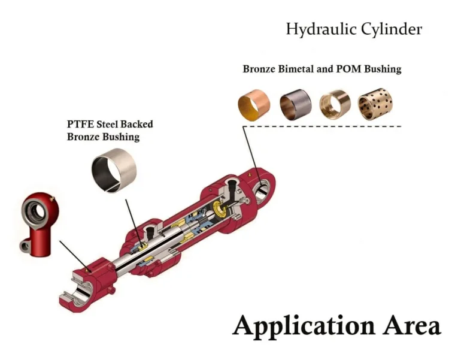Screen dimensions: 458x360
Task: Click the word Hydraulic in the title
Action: tap(315, 29)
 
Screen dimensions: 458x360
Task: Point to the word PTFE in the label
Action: tap(78, 125)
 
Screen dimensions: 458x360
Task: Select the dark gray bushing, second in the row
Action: tap(295, 103)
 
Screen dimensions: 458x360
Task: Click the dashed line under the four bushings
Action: tap(335, 126)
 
